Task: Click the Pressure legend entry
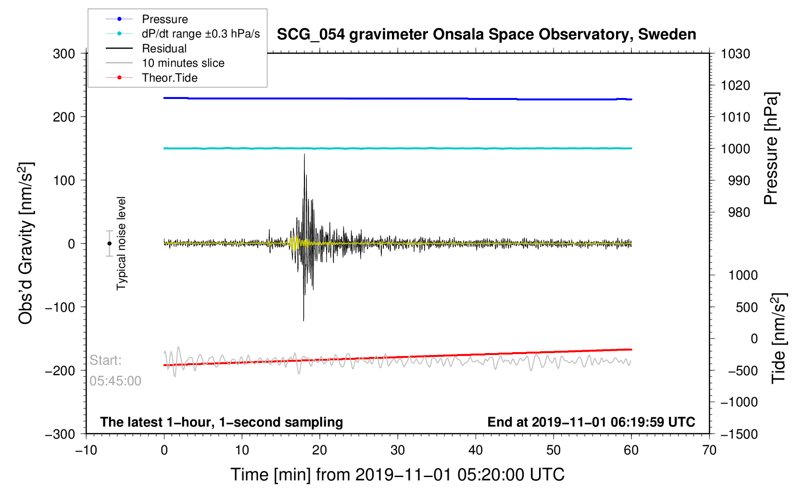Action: (x=164, y=19)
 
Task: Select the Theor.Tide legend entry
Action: (x=169, y=78)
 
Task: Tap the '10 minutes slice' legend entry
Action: (x=183, y=63)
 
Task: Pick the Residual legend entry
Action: (x=164, y=49)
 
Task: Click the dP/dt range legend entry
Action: (x=201, y=34)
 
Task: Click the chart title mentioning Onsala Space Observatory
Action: (x=486, y=35)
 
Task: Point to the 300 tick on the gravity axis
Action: (x=64, y=54)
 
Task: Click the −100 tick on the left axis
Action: (x=60, y=307)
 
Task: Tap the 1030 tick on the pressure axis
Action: (x=735, y=54)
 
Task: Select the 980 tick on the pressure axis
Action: (x=735, y=212)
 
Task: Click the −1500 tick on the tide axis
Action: (x=739, y=434)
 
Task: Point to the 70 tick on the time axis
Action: (x=709, y=451)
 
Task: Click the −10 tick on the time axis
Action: (x=86, y=451)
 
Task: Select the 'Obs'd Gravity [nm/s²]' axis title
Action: (x=25, y=244)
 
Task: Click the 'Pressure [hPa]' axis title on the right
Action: (x=771, y=148)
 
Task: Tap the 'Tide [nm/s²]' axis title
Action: (x=779, y=338)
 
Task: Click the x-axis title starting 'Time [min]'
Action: (x=397, y=475)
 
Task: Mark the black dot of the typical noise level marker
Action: (x=110, y=244)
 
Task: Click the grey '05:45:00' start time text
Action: (x=115, y=381)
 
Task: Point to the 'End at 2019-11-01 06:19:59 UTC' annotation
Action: (x=591, y=422)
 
